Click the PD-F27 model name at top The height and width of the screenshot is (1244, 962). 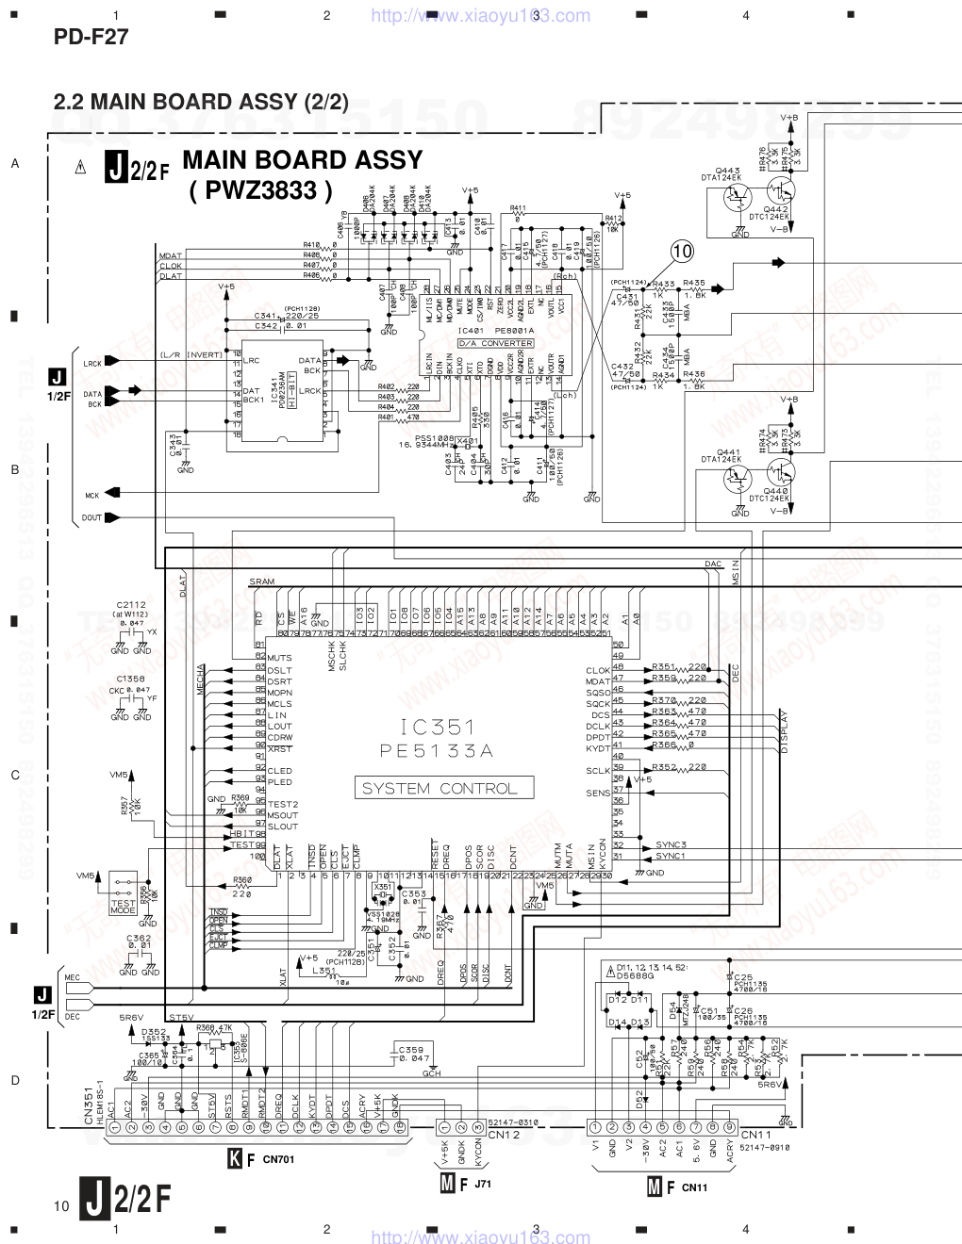91,37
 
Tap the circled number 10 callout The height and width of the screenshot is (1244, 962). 682,251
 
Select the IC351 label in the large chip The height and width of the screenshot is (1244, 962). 437,727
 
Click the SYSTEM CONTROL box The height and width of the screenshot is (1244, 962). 440,789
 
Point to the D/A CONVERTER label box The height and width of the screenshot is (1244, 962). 496,343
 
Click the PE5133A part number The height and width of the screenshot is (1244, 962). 437,751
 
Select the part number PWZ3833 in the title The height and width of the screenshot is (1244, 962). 261,191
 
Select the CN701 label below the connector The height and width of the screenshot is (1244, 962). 278,1159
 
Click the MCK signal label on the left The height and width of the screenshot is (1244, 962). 91,495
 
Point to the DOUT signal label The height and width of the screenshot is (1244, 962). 91,517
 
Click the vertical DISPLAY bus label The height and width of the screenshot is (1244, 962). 783,731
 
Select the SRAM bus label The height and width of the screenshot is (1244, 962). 262,581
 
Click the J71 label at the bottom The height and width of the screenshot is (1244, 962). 484,1183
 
